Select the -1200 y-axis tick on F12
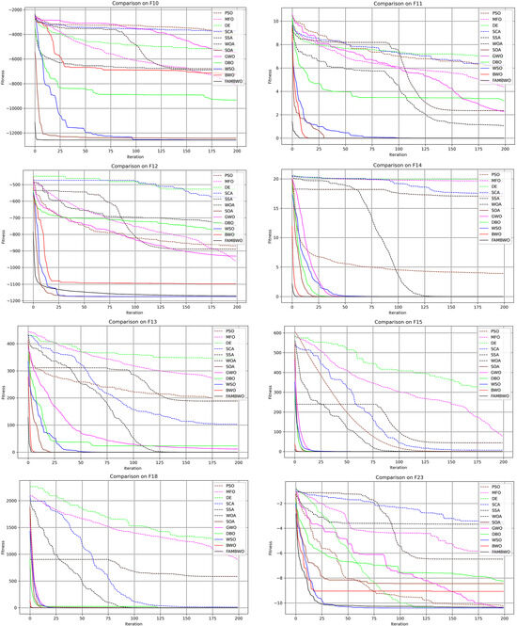[x=19, y=300]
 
